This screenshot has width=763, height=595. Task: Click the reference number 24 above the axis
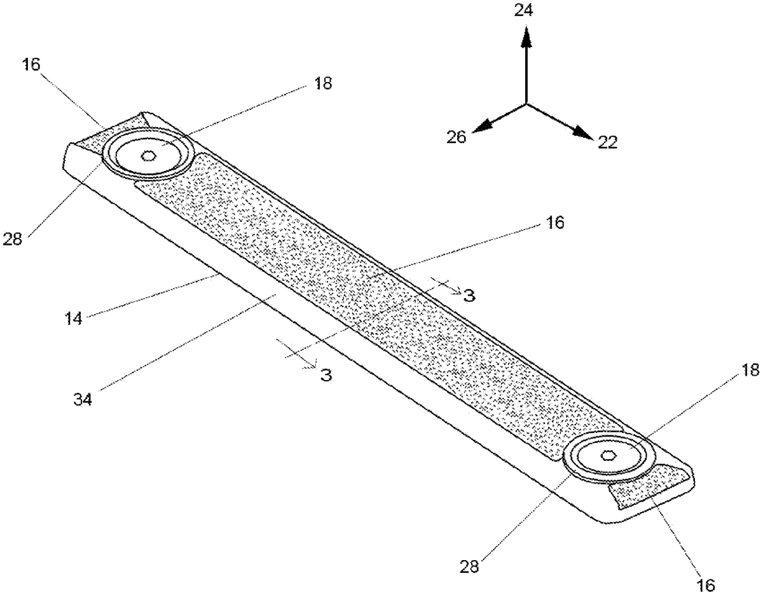pos(523,11)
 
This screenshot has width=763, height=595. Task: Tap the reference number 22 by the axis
pos(608,142)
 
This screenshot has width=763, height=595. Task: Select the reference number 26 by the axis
pos(456,137)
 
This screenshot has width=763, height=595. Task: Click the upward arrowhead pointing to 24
pos(526,36)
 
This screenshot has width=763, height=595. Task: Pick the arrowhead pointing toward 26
pos(482,127)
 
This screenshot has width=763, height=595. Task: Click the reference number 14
pos(74,318)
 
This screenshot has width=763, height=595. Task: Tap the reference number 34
pos(83,399)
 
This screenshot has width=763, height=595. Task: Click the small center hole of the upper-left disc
pos(149,156)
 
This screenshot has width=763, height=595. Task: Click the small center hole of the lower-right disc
pos(608,456)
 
